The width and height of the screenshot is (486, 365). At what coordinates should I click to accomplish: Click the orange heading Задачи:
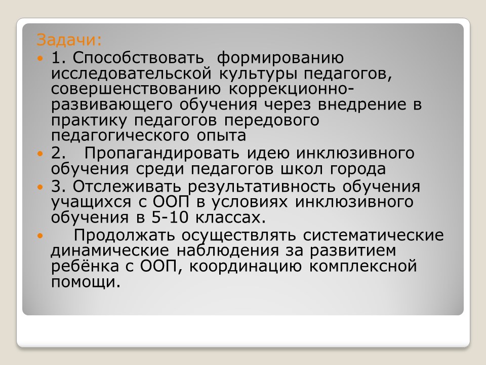coord(69,41)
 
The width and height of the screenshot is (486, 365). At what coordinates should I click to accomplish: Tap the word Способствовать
coord(138,58)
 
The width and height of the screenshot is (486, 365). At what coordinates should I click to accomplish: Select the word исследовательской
coord(132,74)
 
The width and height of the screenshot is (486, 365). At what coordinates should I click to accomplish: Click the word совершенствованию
coord(136,89)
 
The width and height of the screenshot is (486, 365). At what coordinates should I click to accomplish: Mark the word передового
coord(271,121)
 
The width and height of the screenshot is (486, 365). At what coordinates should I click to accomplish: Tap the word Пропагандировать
coord(161,154)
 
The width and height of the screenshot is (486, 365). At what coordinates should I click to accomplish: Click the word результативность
coord(261,187)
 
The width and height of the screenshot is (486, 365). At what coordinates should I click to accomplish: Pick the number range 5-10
coord(170,217)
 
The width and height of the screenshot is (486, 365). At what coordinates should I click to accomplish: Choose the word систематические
coord(373,235)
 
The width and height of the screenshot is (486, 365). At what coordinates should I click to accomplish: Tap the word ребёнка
coord(85,266)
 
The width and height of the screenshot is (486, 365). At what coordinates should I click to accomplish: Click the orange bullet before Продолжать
coord(39,236)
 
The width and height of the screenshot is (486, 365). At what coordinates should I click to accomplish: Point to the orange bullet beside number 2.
coord(39,153)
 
